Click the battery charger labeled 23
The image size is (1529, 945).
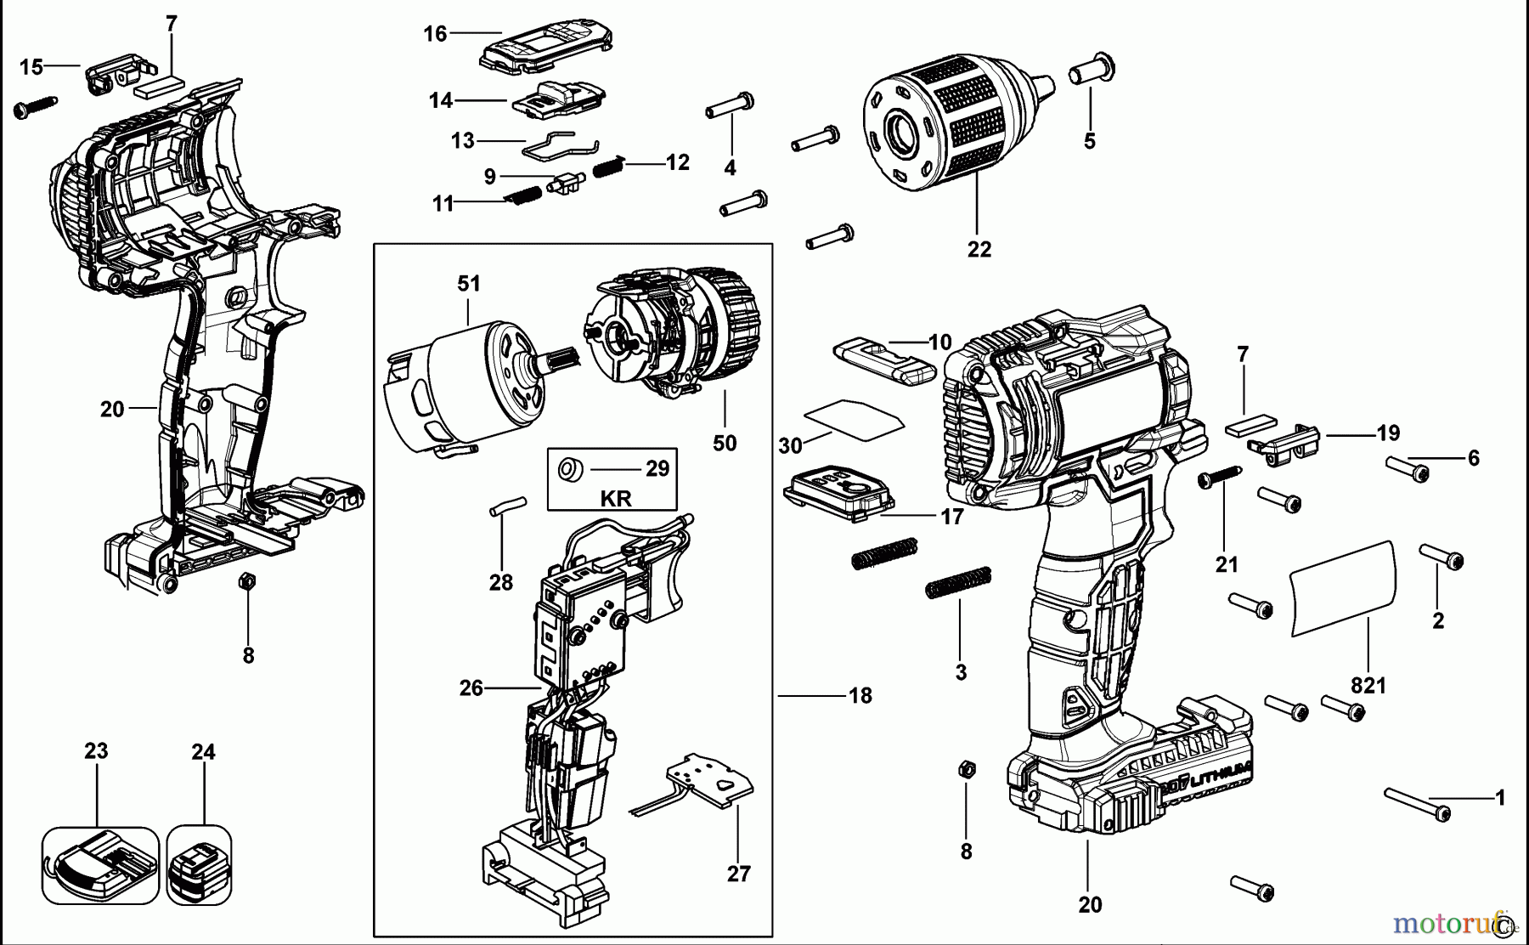click(99, 865)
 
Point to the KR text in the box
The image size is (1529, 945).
click(616, 498)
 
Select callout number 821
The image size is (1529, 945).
click(1368, 684)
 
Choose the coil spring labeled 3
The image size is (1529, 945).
click(958, 583)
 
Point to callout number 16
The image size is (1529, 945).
click(435, 34)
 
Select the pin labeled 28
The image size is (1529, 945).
click(508, 506)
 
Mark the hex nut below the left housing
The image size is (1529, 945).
click(246, 582)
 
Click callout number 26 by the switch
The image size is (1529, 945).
click(471, 688)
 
